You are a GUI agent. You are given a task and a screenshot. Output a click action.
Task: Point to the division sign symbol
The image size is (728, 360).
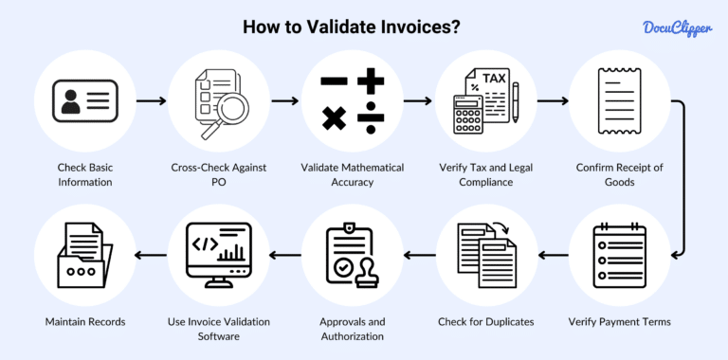371,117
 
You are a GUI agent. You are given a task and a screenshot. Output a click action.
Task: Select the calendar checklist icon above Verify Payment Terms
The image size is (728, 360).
619,255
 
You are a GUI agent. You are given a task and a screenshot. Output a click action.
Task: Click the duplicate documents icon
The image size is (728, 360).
486,255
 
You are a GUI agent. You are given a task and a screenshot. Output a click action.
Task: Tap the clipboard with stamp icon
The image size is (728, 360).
353,255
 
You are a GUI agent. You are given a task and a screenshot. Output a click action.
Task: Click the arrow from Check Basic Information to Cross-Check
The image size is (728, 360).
147,99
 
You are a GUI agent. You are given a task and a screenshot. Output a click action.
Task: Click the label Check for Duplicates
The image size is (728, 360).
486,322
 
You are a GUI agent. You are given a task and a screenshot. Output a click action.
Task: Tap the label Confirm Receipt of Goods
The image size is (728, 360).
619,175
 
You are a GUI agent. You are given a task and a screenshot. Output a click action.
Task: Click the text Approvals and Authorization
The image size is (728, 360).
353,330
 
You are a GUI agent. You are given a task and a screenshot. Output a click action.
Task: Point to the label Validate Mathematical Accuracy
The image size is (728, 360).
353,175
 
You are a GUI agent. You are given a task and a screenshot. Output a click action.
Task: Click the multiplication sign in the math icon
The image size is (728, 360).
334,118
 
